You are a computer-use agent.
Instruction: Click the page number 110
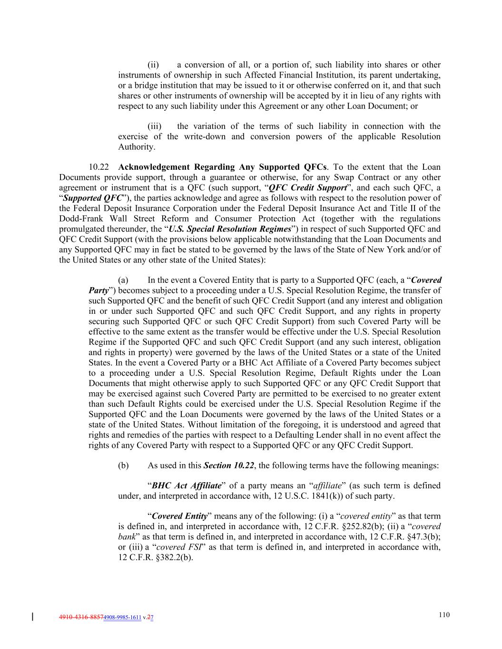click(x=443, y=615)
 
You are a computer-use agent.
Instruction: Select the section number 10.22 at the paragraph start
click(x=99, y=167)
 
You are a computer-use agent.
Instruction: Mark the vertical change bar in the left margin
click(x=32, y=617)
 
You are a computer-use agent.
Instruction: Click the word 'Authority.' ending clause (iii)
click(x=137, y=147)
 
